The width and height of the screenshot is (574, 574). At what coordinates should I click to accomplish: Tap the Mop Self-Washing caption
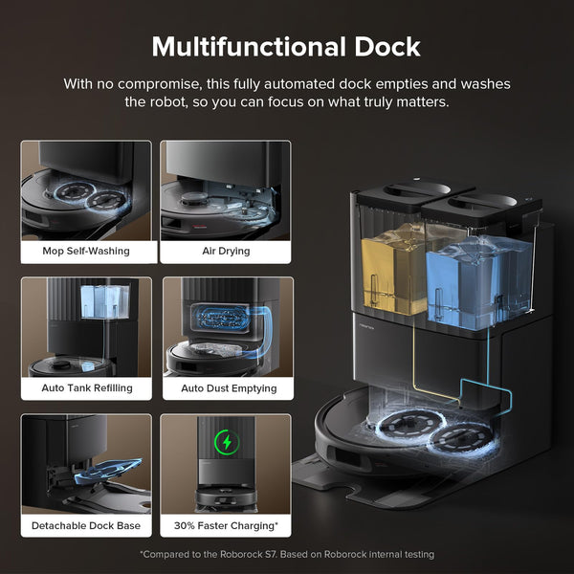pyautogui.click(x=86, y=251)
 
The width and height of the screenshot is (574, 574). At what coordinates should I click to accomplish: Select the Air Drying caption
pyautogui.click(x=227, y=251)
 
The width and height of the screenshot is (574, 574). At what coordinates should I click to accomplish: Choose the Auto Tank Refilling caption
pyautogui.click(x=86, y=388)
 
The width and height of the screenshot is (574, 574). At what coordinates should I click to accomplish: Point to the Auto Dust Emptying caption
pyautogui.click(x=228, y=388)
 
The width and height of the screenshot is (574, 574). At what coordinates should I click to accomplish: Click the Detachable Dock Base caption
pyautogui.click(x=86, y=525)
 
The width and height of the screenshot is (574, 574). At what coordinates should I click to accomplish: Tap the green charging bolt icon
pyautogui.click(x=227, y=442)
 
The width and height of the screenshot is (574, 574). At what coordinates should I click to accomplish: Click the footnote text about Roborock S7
pyautogui.click(x=286, y=554)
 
